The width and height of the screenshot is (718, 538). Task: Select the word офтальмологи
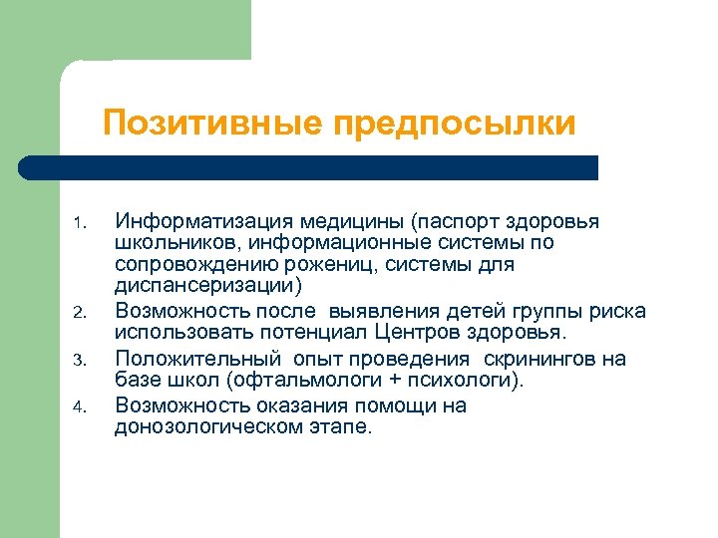click(316, 380)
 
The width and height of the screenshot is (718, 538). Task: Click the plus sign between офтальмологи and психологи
click(392, 380)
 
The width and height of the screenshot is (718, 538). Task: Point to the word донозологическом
click(209, 426)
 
